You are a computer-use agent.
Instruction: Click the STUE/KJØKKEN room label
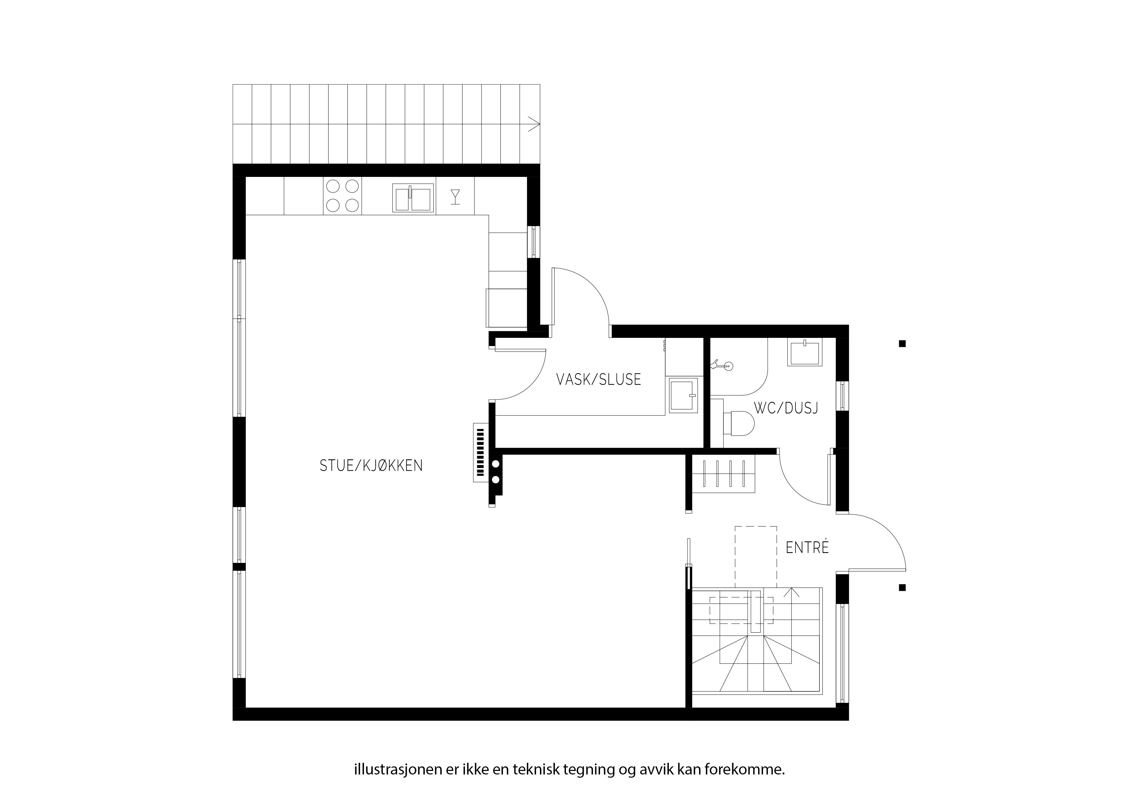click(x=371, y=466)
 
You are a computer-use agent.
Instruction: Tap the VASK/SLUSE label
click(x=599, y=379)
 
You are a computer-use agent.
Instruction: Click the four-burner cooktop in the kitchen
click(x=342, y=196)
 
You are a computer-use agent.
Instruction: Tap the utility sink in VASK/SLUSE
click(x=683, y=395)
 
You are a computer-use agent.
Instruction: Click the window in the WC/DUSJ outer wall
click(x=842, y=396)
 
